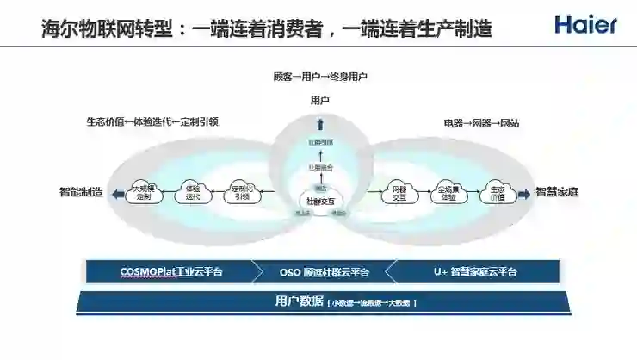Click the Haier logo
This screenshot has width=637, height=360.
(585, 24)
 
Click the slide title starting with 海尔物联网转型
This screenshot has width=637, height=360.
(267, 28)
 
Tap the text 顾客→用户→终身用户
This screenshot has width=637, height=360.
(319, 78)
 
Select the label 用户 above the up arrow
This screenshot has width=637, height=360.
(319, 101)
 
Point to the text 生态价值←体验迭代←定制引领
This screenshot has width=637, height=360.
(152, 121)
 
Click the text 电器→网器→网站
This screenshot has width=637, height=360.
(481, 123)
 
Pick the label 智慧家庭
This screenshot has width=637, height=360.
(557, 192)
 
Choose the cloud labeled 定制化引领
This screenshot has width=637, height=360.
(241, 191)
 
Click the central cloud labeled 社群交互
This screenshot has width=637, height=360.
(319, 198)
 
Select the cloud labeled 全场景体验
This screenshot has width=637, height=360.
(447, 191)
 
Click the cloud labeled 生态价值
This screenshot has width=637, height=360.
(496, 191)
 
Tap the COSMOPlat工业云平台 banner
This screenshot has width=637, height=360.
(170, 271)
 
